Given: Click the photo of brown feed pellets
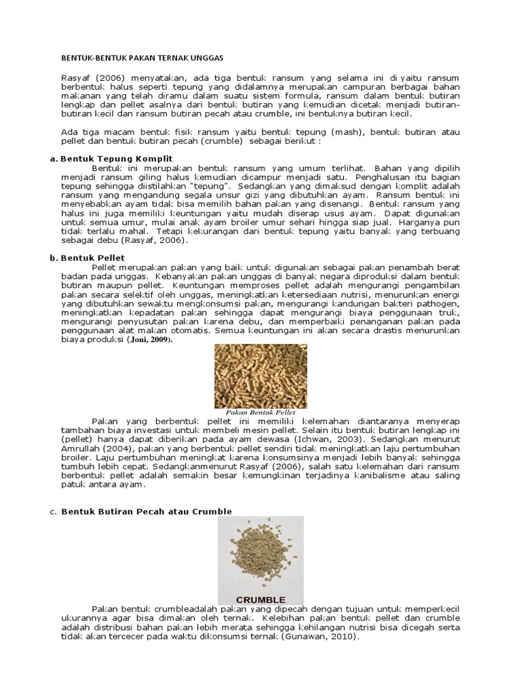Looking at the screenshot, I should coord(260,376).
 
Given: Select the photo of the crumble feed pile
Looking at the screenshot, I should coord(260,553).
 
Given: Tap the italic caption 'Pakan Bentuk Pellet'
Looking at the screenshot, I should coord(260,411).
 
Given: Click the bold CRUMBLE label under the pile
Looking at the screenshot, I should coord(260,599).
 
